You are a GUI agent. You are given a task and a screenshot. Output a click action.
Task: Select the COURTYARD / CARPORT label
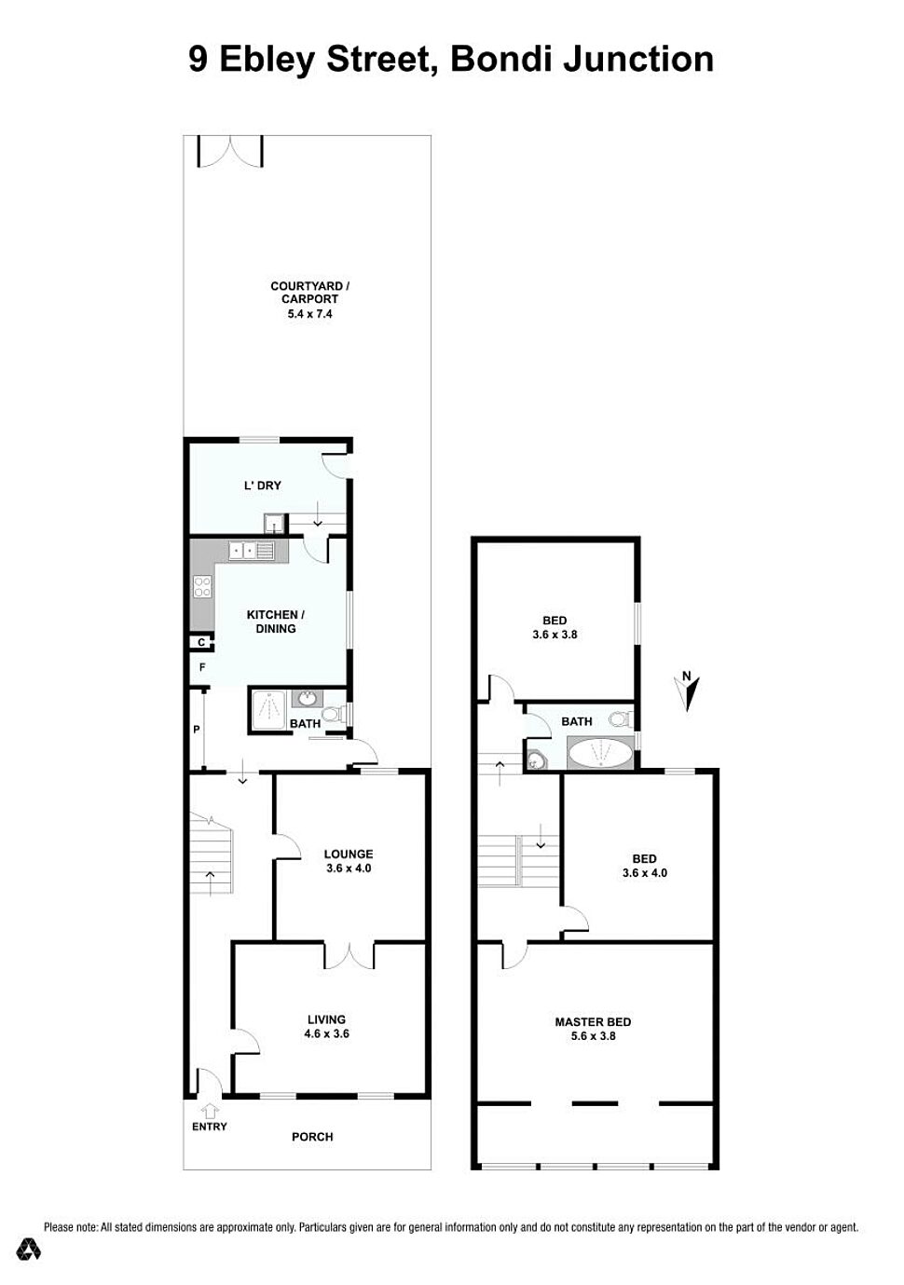pyautogui.click(x=309, y=292)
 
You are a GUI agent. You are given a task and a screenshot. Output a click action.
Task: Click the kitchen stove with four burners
pyautogui.click(x=202, y=586)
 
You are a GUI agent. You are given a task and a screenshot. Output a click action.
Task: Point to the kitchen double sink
pyautogui.click(x=252, y=551)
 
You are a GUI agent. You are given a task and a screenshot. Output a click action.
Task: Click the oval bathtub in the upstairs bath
pyautogui.click(x=600, y=753)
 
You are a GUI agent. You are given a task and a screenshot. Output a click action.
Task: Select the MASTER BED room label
pyautogui.click(x=593, y=1021)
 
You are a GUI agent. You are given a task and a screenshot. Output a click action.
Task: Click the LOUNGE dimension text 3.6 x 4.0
pyautogui.click(x=349, y=868)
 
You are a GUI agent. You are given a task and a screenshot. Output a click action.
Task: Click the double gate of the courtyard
pyautogui.click(x=230, y=152)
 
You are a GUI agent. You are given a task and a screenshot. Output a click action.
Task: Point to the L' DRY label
pyautogui.click(x=263, y=485)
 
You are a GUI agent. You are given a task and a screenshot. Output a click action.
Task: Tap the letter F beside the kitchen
pyautogui.click(x=202, y=667)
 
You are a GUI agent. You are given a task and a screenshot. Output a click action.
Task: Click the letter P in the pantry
pyautogui.click(x=196, y=730)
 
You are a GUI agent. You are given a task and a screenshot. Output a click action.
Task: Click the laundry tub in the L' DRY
pyautogui.click(x=274, y=523)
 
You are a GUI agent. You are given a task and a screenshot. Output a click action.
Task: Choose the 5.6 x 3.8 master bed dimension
pyautogui.click(x=593, y=1035)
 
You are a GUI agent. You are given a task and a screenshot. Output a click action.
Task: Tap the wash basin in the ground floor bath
pyautogui.click(x=308, y=699)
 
